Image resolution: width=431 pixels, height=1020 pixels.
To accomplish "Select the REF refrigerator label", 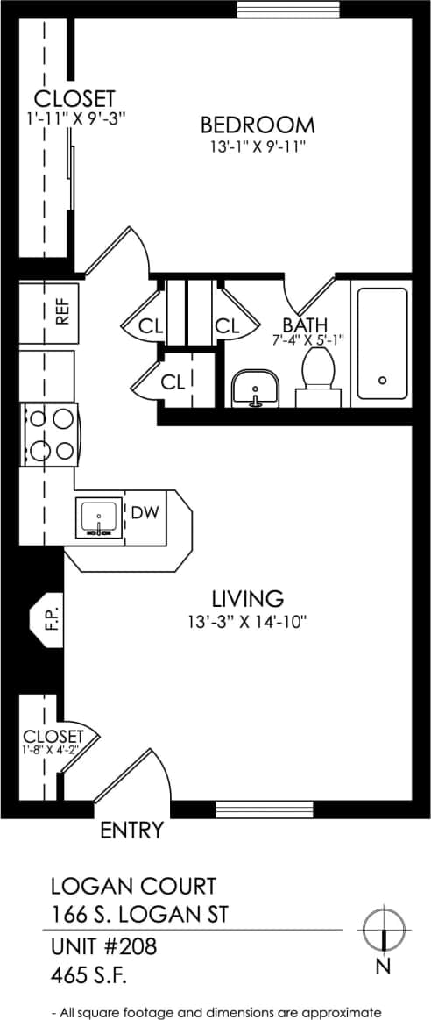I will tap(61, 313).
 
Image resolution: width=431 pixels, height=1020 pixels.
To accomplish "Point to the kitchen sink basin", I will tap(99, 518).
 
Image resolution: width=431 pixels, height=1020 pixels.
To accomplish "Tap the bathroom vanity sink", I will tap(255, 389).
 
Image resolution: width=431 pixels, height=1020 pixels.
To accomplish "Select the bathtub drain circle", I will tap(382, 380).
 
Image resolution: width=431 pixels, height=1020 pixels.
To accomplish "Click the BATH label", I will tap(304, 326).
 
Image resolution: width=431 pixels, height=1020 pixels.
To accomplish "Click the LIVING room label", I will tap(247, 599).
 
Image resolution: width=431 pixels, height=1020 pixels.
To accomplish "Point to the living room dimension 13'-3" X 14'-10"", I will tap(249, 622).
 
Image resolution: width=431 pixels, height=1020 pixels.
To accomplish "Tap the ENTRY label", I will tap(131, 830).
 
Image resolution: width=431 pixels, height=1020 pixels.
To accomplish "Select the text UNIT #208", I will tap(97, 948).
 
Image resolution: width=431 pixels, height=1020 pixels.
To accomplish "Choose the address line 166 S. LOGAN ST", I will tap(140, 914).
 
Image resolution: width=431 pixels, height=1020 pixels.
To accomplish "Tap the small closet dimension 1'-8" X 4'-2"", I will tap(53, 750).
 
